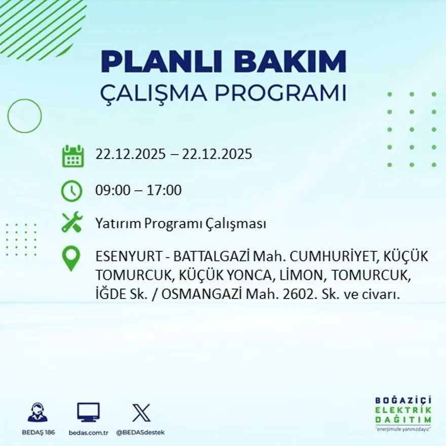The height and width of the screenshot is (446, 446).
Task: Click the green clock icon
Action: (x=71, y=191)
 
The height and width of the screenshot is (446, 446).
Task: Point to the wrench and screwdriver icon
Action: (x=72, y=222)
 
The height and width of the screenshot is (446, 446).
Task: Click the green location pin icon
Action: (x=71, y=258)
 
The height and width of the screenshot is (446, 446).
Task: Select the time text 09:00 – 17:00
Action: (x=138, y=191)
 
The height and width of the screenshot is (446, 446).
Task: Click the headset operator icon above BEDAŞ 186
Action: (x=38, y=413)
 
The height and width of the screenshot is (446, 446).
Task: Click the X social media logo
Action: (x=141, y=413)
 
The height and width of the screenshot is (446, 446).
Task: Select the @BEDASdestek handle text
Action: (x=140, y=432)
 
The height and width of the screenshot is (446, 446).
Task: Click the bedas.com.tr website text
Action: (x=89, y=432)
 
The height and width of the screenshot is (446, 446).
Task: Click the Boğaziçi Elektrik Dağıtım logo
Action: (x=403, y=413)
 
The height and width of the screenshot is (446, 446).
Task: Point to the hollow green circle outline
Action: (x=24, y=116)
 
